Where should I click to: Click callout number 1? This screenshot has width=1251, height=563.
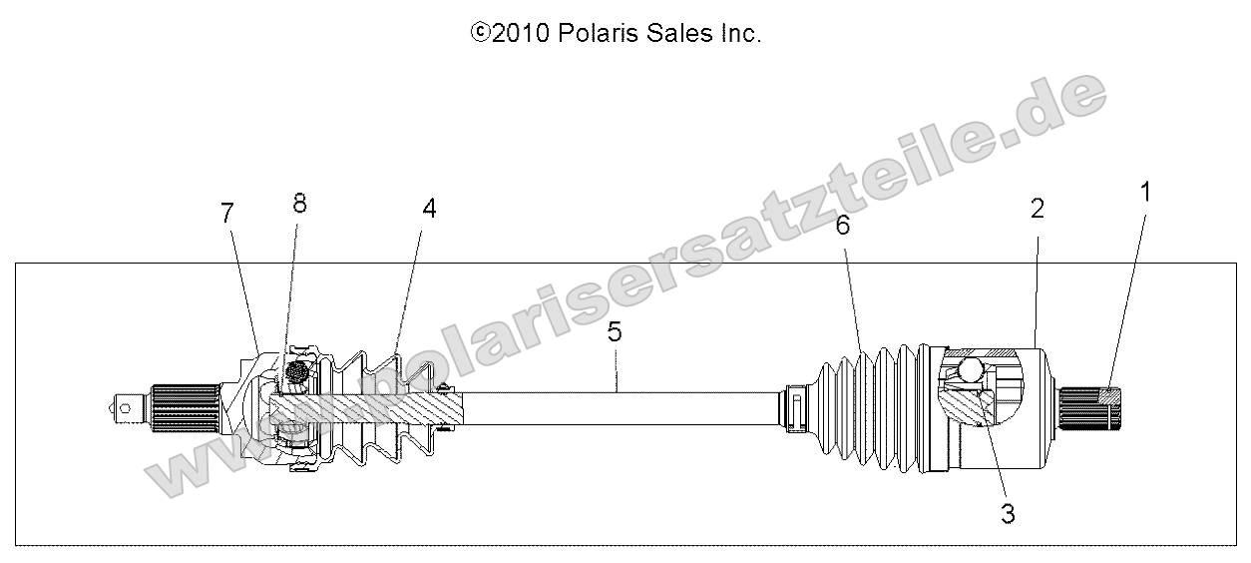tap(1145, 192)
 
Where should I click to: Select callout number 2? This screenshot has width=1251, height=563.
tap(1038, 209)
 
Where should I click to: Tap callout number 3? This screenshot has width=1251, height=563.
tap(1008, 514)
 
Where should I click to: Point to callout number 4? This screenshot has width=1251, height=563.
tap(429, 209)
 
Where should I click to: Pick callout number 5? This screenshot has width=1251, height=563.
tap(615, 332)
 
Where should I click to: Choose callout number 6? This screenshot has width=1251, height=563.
tap(843, 226)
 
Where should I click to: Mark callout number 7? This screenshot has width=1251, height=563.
tap(226, 213)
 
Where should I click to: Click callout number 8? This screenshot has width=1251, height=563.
tap(299, 203)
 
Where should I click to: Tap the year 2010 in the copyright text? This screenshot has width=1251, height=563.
tap(516, 34)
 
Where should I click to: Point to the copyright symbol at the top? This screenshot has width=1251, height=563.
tap(479, 34)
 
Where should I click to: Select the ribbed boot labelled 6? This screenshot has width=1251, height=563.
tap(868, 409)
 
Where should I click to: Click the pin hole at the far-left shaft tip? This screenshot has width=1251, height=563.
tap(124, 404)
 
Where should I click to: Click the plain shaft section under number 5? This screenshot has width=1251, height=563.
tap(619, 408)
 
